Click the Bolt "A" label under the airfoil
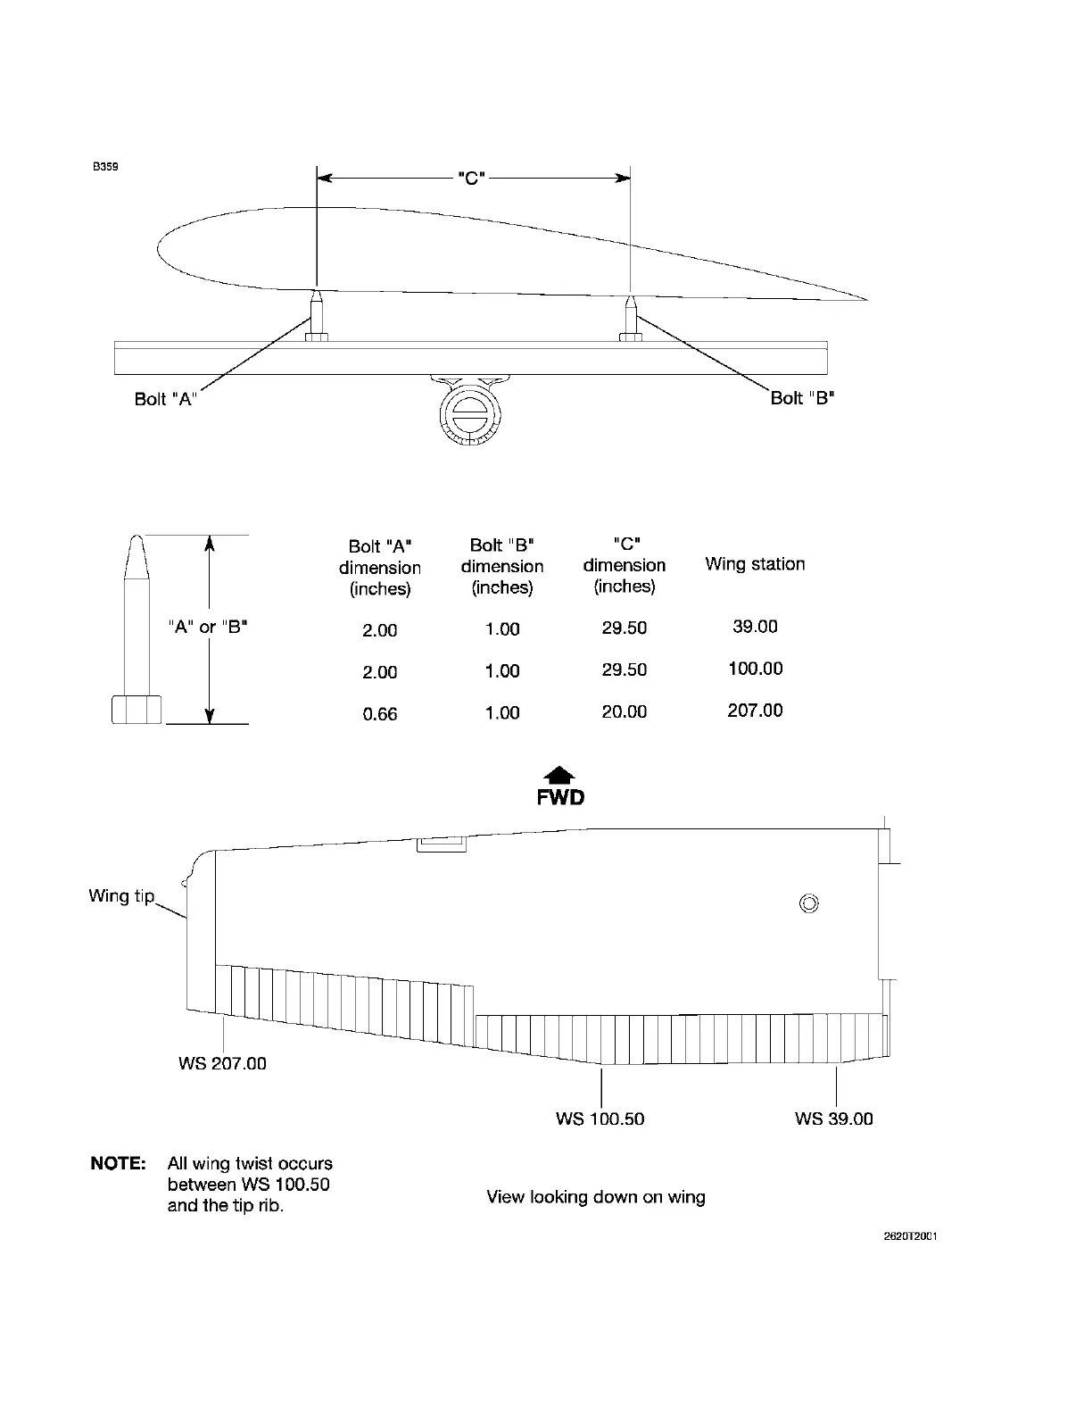click(x=165, y=399)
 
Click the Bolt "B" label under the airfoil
click(x=802, y=398)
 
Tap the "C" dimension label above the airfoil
click(x=470, y=179)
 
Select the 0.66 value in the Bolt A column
click(x=379, y=714)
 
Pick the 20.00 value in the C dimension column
click(x=624, y=711)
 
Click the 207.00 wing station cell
click(x=755, y=711)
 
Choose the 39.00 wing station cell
click(x=755, y=627)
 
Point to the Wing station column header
click(x=755, y=564)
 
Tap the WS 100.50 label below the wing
click(x=600, y=1119)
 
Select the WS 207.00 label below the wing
click(x=222, y=1064)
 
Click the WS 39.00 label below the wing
click(x=834, y=1119)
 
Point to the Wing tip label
click(x=121, y=895)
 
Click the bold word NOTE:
click(x=118, y=1164)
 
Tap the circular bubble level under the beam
click(x=470, y=414)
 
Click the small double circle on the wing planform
click(x=809, y=904)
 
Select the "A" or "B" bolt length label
click(x=208, y=627)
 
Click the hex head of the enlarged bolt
click(x=136, y=709)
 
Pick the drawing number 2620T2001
click(x=904, y=1237)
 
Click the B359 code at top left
click(x=106, y=166)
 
